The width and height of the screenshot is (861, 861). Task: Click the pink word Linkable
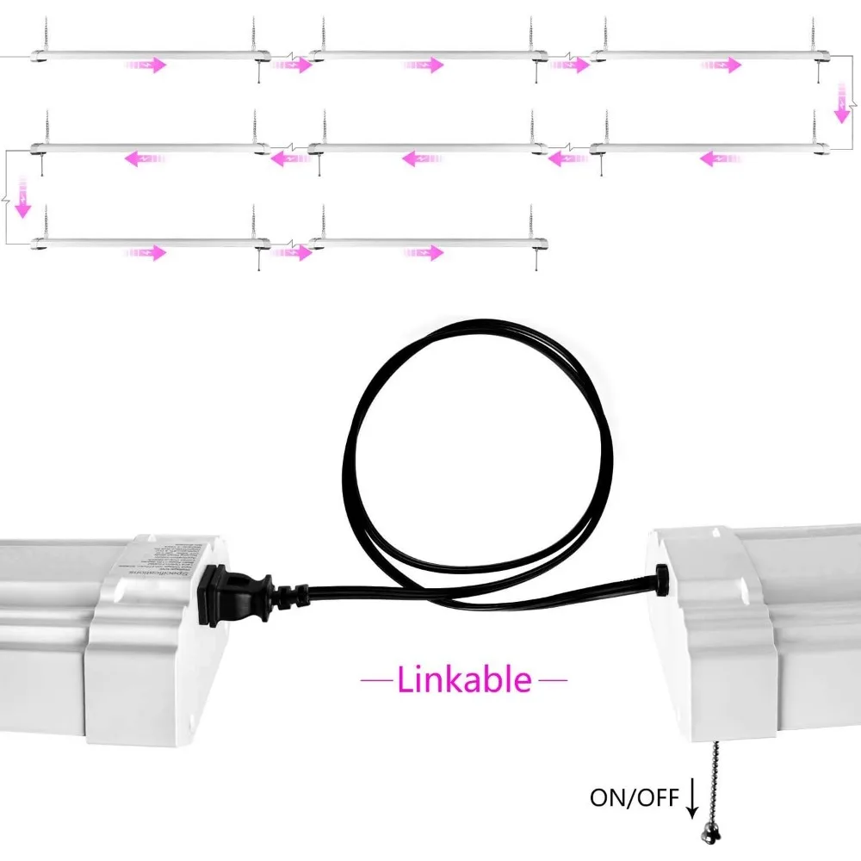pos(464,680)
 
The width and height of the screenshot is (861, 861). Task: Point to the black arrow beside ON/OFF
pos(691,801)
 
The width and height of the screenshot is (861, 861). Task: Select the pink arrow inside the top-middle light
pos(423,65)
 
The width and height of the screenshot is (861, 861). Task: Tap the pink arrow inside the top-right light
pos(722,65)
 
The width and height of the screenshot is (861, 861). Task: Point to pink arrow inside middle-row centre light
pos(422,158)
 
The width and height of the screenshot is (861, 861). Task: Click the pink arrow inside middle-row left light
pos(144,158)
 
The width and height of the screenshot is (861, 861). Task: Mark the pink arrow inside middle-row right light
pos(721,158)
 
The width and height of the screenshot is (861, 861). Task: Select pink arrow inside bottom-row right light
pos(423,252)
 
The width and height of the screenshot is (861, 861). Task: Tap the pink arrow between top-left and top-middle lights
pos(291,65)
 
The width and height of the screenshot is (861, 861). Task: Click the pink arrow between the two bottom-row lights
pos(291,252)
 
